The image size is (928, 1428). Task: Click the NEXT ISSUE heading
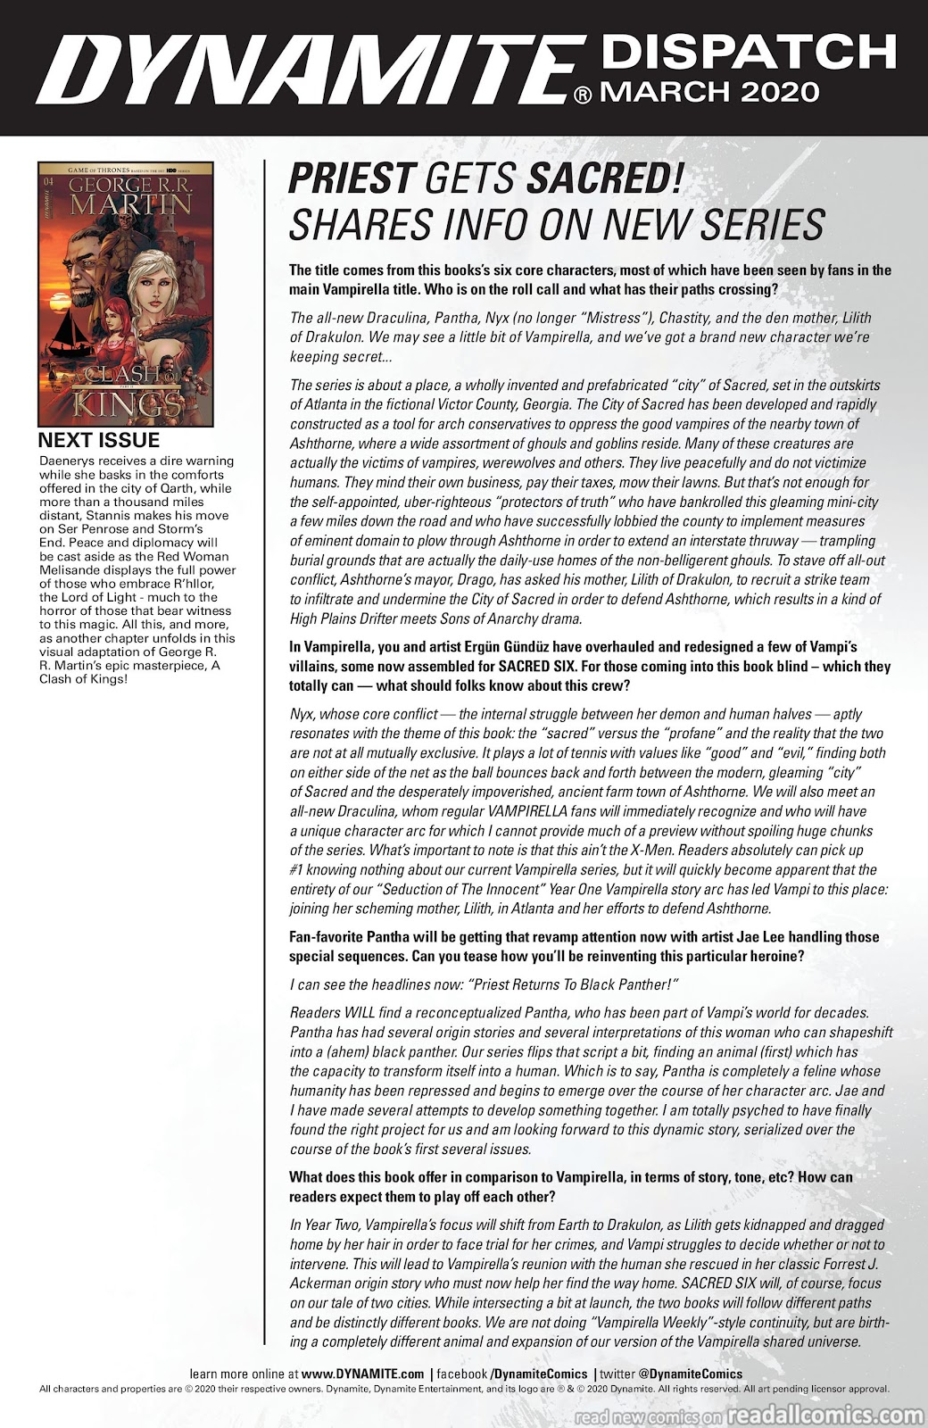[x=99, y=441]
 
